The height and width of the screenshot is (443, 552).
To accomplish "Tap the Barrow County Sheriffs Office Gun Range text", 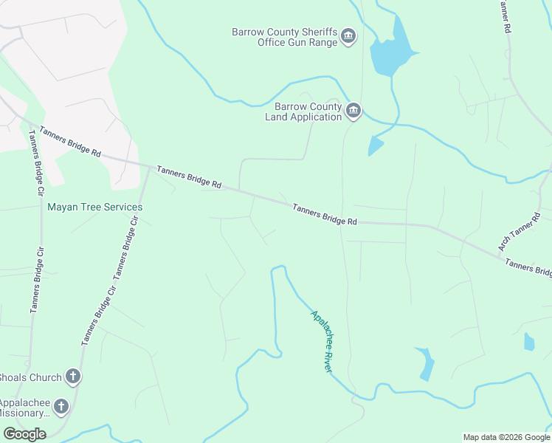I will tap(284, 37).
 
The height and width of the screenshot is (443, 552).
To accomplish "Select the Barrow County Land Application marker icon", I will tap(353, 111).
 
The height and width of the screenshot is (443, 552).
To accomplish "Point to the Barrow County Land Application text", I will tap(303, 111).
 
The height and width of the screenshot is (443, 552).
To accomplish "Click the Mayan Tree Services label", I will tap(94, 207).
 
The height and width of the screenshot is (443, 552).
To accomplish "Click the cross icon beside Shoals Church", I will tap(72, 377).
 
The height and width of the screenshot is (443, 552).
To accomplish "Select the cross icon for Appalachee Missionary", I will tap(61, 406).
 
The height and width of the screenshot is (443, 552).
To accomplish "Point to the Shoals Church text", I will tap(30, 378).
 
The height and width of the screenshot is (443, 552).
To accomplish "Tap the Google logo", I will tap(24, 434).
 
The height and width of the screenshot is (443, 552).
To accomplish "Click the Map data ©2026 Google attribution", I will tap(506, 437).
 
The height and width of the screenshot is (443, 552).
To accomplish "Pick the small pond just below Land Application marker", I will tap(376, 146).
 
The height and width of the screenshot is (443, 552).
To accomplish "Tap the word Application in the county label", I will tap(315, 117).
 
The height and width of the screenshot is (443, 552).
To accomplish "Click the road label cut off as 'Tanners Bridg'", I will tap(528, 267).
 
